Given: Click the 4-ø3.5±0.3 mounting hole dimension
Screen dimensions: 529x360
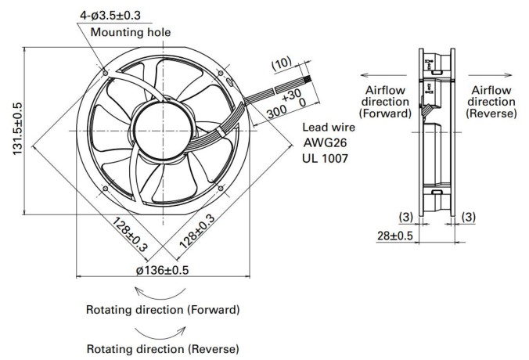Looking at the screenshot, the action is tap(110, 16).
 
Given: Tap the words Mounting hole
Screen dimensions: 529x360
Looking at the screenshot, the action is tap(131, 32).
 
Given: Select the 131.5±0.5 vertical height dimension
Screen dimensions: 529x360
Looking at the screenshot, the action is tap(17, 129).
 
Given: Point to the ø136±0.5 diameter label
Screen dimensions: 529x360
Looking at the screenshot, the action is tap(162, 270).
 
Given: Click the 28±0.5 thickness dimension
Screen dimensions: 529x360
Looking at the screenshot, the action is tap(394, 236).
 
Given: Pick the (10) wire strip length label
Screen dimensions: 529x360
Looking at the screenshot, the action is tap(282, 63).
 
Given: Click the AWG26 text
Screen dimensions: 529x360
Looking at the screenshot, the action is tap(325, 142).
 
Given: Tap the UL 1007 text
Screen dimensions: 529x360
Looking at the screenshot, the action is tap(325, 158).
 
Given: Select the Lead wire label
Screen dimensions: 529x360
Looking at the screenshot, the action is tap(329, 128).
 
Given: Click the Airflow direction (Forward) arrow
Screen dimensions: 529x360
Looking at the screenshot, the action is tap(384, 75).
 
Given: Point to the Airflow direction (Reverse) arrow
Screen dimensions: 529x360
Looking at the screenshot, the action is tap(490, 75).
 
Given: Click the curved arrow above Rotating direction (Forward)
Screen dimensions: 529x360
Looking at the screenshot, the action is tap(160, 296).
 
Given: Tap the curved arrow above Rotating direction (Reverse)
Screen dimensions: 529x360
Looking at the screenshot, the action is tap(160, 334).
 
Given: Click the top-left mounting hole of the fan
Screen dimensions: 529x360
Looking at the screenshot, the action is tap(106, 73).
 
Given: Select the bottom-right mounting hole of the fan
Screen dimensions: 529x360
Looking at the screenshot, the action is tap(221, 188).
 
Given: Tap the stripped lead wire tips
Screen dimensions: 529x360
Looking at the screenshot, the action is tap(307, 81).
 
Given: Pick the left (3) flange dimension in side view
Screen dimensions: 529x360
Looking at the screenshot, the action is tap(405, 217).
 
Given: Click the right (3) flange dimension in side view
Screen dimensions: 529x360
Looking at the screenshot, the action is tap(469, 217).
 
